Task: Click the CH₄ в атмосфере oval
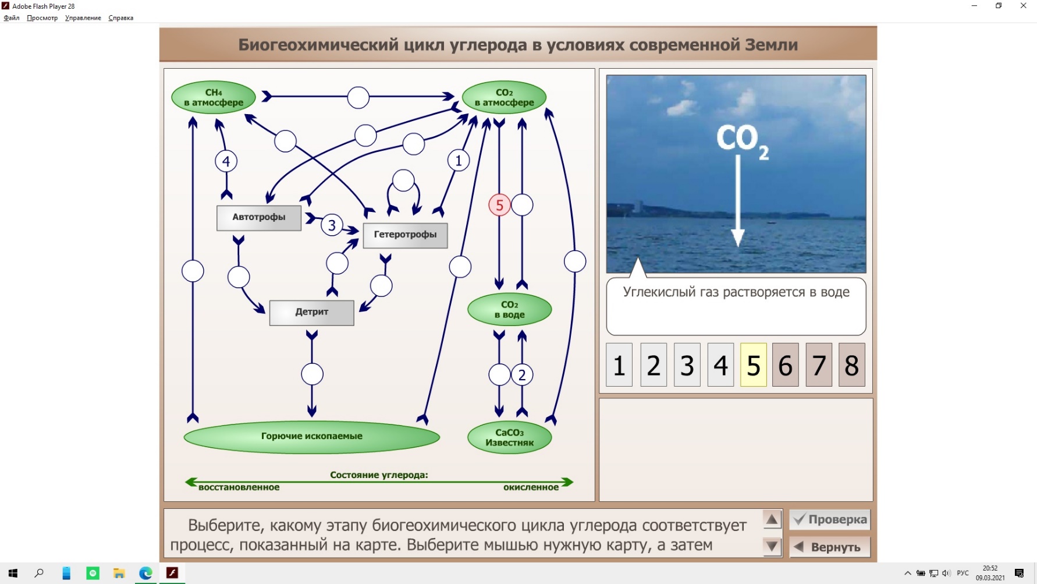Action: (214, 97)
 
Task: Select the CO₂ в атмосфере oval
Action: (504, 97)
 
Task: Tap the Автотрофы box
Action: (259, 218)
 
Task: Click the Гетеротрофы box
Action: (405, 235)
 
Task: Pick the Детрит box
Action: (312, 313)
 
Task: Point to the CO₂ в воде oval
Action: (510, 309)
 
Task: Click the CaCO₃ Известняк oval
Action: (510, 437)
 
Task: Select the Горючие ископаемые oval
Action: (312, 437)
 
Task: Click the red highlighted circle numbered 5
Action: (499, 205)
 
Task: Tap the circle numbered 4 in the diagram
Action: (226, 161)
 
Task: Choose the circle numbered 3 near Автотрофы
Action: (332, 225)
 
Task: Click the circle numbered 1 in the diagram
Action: (459, 160)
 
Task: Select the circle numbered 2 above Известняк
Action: (522, 375)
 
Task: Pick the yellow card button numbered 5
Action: (754, 365)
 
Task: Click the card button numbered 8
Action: (852, 365)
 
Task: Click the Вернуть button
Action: (830, 547)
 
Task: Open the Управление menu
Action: (83, 18)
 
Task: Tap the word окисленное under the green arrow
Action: (531, 487)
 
